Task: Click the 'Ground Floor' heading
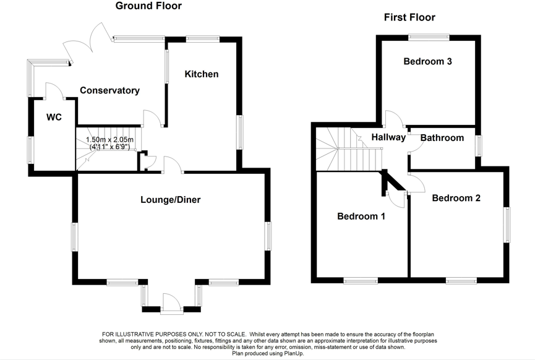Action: click(148, 6)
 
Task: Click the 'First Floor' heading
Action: click(409, 17)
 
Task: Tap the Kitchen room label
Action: click(202, 74)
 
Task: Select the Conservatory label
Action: click(109, 90)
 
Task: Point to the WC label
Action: click(54, 117)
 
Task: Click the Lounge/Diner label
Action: click(171, 199)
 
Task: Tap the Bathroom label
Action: click(442, 138)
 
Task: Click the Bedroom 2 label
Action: click(456, 198)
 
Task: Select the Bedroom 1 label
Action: click(361, 216)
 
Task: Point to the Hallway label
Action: click(388, 137)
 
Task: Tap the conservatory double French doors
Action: click(87, 43)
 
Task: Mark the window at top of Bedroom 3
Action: click(428, 37)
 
